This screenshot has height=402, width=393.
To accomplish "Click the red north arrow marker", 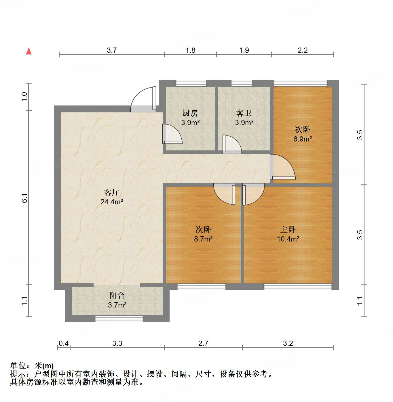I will click(x=29, y=51).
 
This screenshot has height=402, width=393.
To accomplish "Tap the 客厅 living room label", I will click(x=112, y=192).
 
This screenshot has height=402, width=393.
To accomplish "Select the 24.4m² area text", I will click(x=112, y=202).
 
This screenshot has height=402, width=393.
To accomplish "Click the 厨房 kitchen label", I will click(x=190, y=113).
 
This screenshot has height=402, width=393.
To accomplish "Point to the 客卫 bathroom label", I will click(x=244, y=113).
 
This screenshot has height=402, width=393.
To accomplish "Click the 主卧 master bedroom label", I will click(x=288, y=229).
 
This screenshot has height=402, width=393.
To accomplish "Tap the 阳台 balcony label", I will click(x=117, y=295).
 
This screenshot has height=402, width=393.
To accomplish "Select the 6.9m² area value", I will click(x=303, y=139).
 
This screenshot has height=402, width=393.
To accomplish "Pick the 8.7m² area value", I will click(x=203, y=239).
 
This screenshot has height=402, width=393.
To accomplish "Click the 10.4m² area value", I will click(x=288, y=239).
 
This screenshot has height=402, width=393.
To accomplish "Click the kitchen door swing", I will click(x=172, y=134).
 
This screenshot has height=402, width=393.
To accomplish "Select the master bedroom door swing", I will click(x=252, y=194).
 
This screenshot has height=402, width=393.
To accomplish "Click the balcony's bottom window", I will click(x=119, y=319).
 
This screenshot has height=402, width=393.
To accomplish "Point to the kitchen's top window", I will click(x=191, y=83).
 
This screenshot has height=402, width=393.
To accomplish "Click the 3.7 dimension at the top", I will click(x=112, y=50).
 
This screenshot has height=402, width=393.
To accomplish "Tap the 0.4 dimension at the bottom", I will click(x=64, y=343).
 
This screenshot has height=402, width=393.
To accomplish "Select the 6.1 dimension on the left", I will click(x=25, y=198).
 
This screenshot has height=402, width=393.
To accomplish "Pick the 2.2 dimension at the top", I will click(x=303, y=50).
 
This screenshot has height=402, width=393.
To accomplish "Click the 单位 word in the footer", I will click(x=18, y=366).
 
